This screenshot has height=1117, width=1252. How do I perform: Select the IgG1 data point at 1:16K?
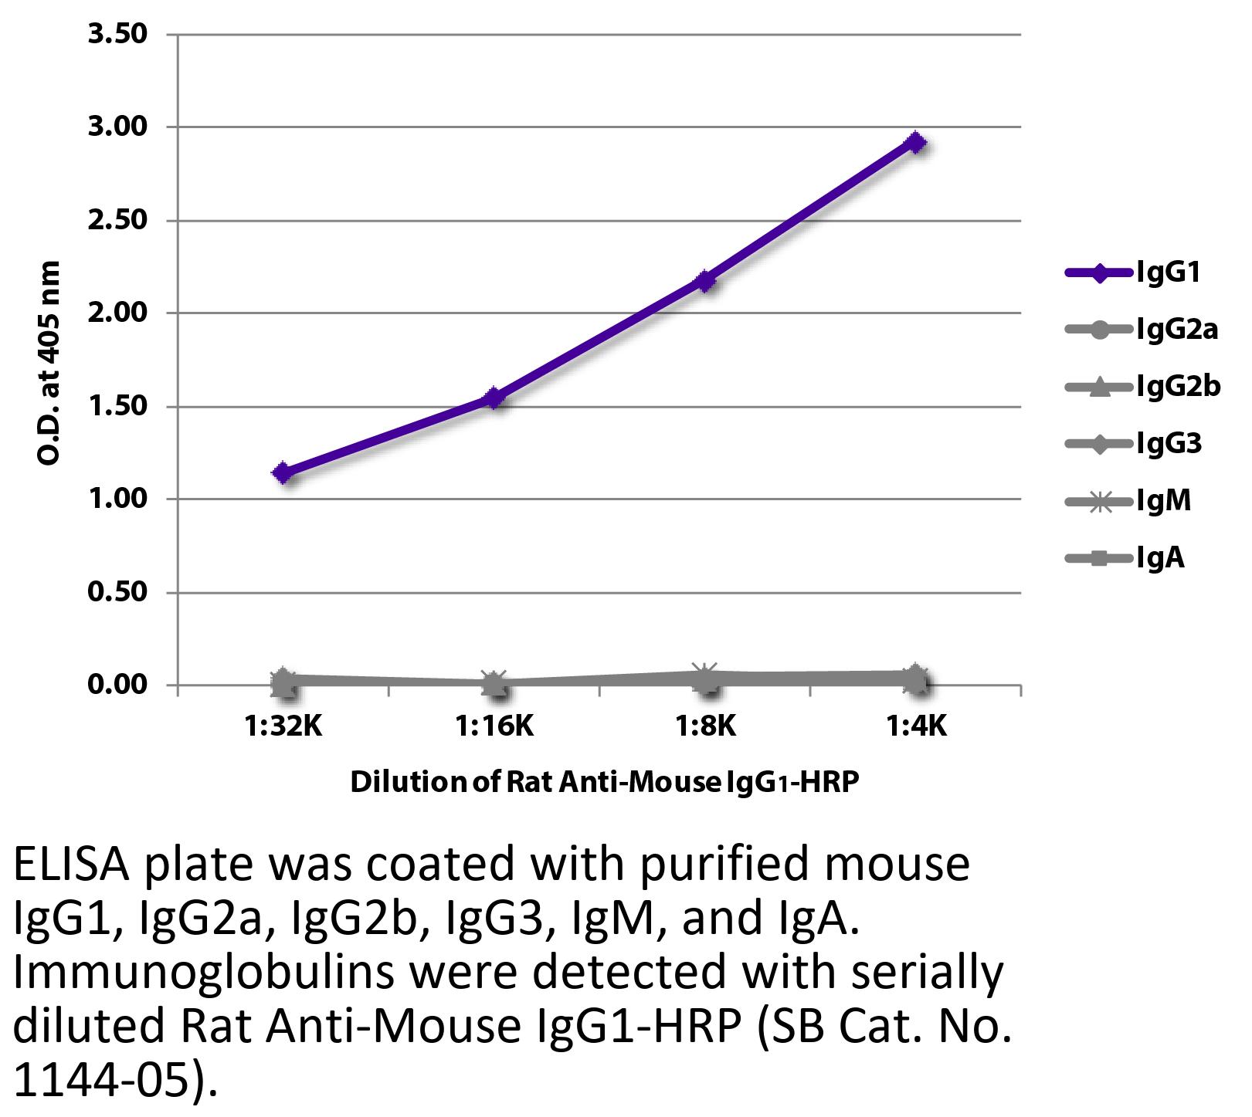(494, 398)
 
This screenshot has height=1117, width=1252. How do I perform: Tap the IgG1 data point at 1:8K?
(705, 280)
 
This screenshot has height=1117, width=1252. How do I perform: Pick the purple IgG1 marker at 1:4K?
(916, 143)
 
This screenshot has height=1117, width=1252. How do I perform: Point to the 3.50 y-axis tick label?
(117, 35)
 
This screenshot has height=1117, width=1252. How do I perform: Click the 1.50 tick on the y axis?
(117, 406)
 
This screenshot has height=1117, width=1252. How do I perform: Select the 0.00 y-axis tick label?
(117, 685)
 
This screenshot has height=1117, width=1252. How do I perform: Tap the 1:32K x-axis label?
(283, 726)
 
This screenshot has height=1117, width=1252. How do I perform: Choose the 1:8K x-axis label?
(705, 726)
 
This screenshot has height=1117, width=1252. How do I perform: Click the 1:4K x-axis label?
(916, 726)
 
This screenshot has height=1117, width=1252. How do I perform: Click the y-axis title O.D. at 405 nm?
(49, 363)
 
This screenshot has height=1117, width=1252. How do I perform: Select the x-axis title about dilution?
(605, 783)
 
